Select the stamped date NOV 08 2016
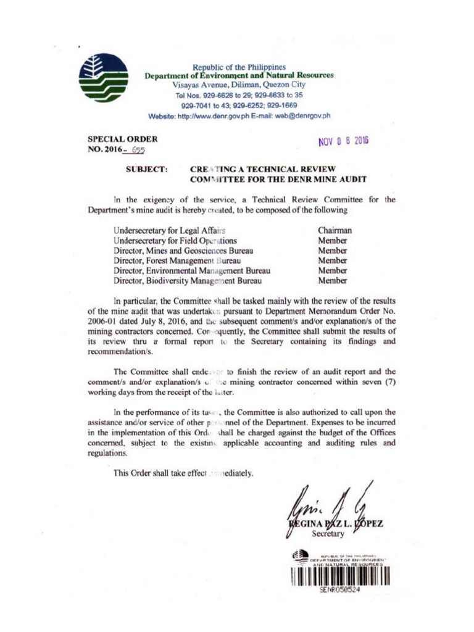coord(343,141)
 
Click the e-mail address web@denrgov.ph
coord(302,115)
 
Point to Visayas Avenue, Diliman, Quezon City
coord(239,85)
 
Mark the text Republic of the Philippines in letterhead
coord(239,67)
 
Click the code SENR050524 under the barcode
coord(339,591)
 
